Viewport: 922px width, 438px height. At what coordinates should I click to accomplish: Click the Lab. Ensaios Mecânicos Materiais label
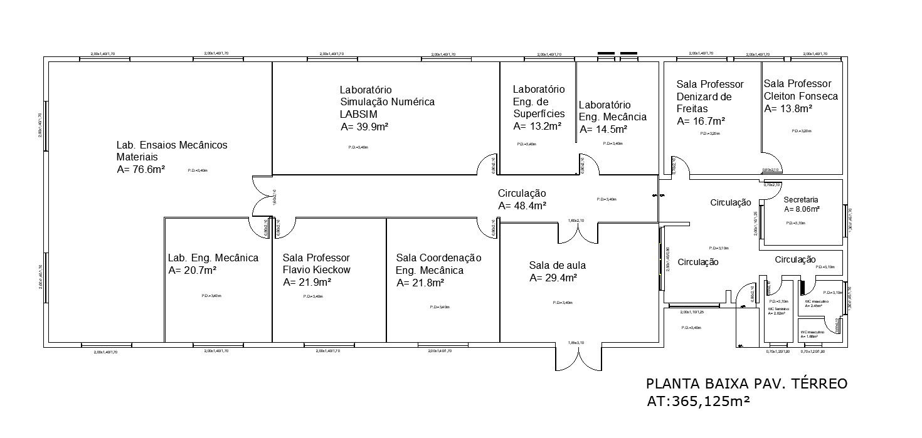tap(172, 151)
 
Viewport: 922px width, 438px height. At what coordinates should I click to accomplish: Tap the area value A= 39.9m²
tap(364, 127)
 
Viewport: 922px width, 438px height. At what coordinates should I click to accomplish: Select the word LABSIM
tap(358, 114)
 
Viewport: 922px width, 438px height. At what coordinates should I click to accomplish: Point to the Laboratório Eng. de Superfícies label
tap(539, 102)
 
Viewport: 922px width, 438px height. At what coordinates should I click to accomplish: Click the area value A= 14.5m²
tap(603, 130)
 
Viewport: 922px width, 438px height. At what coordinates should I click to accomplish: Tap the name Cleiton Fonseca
tap(801, 96)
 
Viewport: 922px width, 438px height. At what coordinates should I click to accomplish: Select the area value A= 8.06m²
tap(802, 209)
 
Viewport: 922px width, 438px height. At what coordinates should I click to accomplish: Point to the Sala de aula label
tap(557, 265)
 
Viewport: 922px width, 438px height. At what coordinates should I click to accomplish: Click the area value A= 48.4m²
tap(522, 206)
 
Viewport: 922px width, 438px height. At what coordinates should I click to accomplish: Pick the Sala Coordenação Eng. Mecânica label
tap(438, 264)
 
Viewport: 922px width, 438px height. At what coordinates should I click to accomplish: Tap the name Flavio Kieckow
tap(317, 270)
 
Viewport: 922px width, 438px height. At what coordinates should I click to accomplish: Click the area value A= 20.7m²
tap(193, 270)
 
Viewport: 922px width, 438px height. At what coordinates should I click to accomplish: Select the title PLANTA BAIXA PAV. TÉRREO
tap(746, 383)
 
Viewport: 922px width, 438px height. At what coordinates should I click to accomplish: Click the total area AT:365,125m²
tap(699, 401)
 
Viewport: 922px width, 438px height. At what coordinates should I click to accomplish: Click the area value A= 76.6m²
tap(140, 169)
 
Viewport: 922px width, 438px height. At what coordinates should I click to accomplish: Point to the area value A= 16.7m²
tap(701, 121)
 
